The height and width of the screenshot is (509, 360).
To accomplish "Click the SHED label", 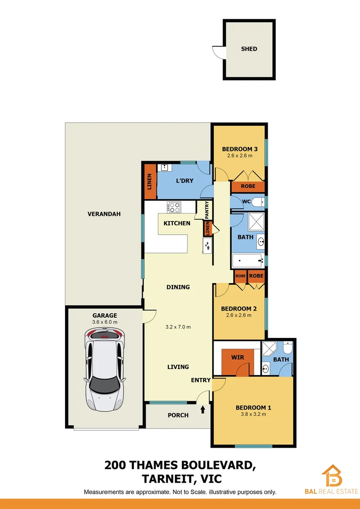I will pyautogui.click(x=249, y=49).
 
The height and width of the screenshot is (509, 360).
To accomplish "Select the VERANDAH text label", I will pyautogui.click(x=104, y=214).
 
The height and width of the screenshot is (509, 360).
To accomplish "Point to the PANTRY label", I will pyautogui.click(x=207, y=210).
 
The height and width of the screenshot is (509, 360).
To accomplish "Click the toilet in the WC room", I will pyautogui.click(x=257, y=202).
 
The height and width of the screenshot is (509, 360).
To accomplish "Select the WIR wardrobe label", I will pyautogui.click(x=238, y=357).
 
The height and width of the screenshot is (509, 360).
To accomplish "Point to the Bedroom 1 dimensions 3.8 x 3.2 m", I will pyautogui.click(x=254, y=415).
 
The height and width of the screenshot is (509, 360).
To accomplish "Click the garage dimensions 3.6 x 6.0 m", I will pyautogui.click(x=105, y=322).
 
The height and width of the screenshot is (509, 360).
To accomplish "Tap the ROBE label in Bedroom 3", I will pyautogui.click(x=248, y=186).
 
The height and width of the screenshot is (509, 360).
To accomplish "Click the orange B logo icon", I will pyautogui.click(x=332, y=476).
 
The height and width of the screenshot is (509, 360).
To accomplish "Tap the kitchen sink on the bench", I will pyautogui.click(x=207, y=245).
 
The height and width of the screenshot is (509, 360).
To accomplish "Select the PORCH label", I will pyautogui.click(x=178, y=415).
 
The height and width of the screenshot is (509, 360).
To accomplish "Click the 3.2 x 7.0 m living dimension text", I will pyautogui.click(x=178, y=327).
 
